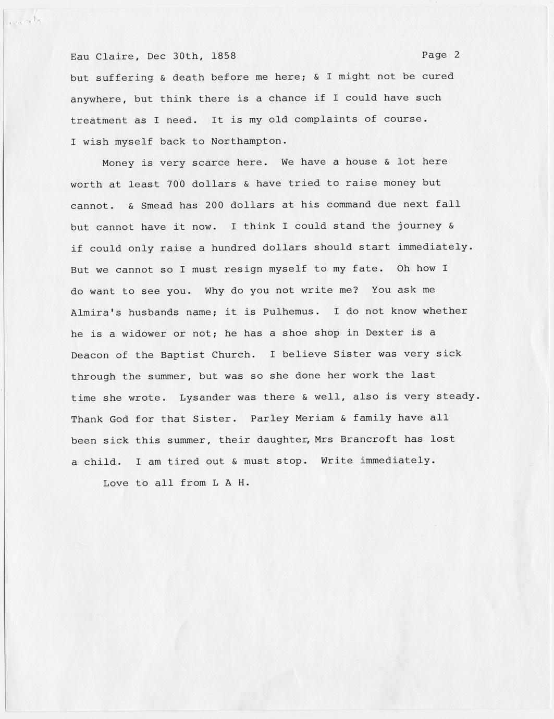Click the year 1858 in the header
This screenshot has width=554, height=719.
point(224,56)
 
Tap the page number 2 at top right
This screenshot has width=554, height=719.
point(457,55)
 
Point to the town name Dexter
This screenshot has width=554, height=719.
point(384,333)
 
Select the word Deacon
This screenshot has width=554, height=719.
point(90,355)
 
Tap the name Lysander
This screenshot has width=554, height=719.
point(205,397)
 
